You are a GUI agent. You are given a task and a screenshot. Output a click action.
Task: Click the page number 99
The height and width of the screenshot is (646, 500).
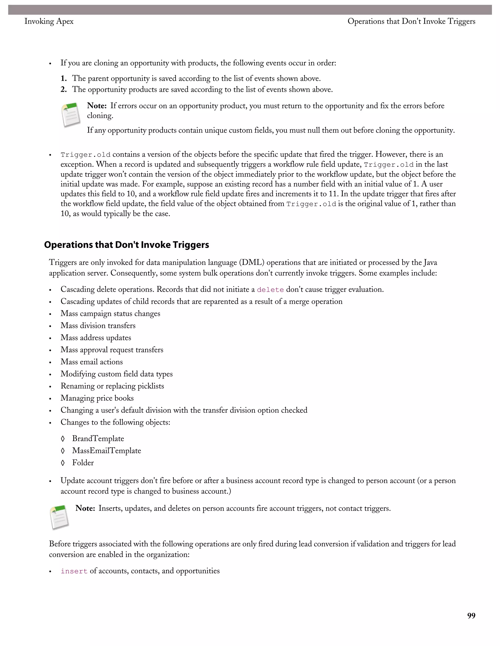471,616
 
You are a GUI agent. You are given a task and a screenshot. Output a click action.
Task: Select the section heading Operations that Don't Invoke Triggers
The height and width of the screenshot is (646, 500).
126,245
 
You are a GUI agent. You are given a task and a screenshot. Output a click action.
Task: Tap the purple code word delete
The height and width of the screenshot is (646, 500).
270,290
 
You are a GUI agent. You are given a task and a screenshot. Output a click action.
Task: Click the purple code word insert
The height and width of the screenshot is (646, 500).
74,571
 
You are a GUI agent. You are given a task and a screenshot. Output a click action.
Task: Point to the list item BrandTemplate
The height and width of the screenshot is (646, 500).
98,439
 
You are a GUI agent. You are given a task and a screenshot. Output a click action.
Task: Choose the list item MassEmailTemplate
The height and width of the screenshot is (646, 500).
106,451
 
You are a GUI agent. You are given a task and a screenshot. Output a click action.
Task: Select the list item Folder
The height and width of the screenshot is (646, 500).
83,463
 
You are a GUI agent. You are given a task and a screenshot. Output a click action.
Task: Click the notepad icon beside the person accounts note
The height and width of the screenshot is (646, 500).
60,517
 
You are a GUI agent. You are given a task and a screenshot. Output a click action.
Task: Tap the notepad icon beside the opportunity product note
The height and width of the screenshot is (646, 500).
71,115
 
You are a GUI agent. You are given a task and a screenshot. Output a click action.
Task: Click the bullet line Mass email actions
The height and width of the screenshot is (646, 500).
92,362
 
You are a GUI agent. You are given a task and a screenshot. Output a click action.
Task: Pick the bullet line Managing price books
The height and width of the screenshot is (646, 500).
97,398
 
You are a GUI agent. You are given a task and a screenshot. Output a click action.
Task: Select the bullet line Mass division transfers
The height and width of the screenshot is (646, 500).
98,326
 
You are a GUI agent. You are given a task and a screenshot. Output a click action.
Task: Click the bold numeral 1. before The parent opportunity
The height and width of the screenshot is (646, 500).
64,79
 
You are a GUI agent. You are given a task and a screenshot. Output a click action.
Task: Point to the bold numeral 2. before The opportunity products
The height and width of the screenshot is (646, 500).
64,90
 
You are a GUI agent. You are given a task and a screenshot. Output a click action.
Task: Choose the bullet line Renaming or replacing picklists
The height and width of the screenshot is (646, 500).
112,386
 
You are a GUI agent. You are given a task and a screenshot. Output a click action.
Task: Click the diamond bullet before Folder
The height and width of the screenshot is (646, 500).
62,463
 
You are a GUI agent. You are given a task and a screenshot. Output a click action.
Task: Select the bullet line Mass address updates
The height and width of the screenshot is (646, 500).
96,338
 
